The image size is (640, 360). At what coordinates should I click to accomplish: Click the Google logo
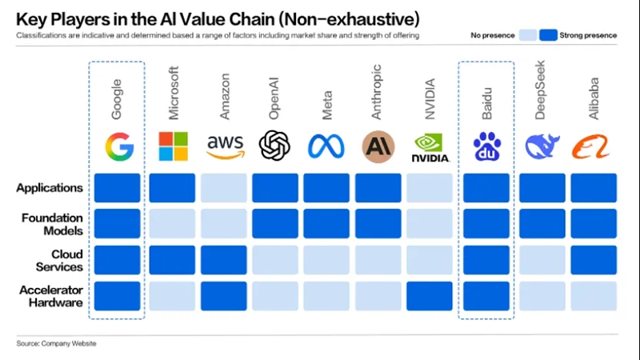(119, 146)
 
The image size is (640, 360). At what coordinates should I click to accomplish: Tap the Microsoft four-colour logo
(173, 146)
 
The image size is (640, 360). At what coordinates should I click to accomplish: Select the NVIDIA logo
(430, 147)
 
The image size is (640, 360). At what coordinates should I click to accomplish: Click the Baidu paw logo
(486, 146)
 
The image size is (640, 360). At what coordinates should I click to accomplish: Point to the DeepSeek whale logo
(542, 146)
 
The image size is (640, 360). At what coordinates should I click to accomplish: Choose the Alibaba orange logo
(590, 146)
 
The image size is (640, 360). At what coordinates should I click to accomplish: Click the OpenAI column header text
(274, 98)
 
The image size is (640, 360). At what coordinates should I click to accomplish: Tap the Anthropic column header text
(376, 92)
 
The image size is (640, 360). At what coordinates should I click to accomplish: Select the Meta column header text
(327, 106)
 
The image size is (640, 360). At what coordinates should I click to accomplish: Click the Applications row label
(50, 188)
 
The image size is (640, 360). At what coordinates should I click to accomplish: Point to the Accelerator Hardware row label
(51, 296)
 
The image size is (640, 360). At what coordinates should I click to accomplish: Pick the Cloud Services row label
(59, 261)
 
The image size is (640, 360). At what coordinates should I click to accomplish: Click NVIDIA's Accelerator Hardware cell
(430, 296)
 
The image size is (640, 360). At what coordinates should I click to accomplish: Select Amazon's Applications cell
(224, 188)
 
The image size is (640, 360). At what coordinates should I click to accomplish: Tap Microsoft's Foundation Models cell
(172, 224)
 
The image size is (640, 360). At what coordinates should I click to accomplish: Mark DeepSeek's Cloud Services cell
(542, 260)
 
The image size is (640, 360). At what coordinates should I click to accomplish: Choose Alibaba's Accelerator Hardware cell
(594, 296)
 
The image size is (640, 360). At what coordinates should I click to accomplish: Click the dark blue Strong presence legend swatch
(548, 35)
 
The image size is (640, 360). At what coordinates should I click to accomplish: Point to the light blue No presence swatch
(528, 35)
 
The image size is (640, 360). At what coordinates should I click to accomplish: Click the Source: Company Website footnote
(56, 344)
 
